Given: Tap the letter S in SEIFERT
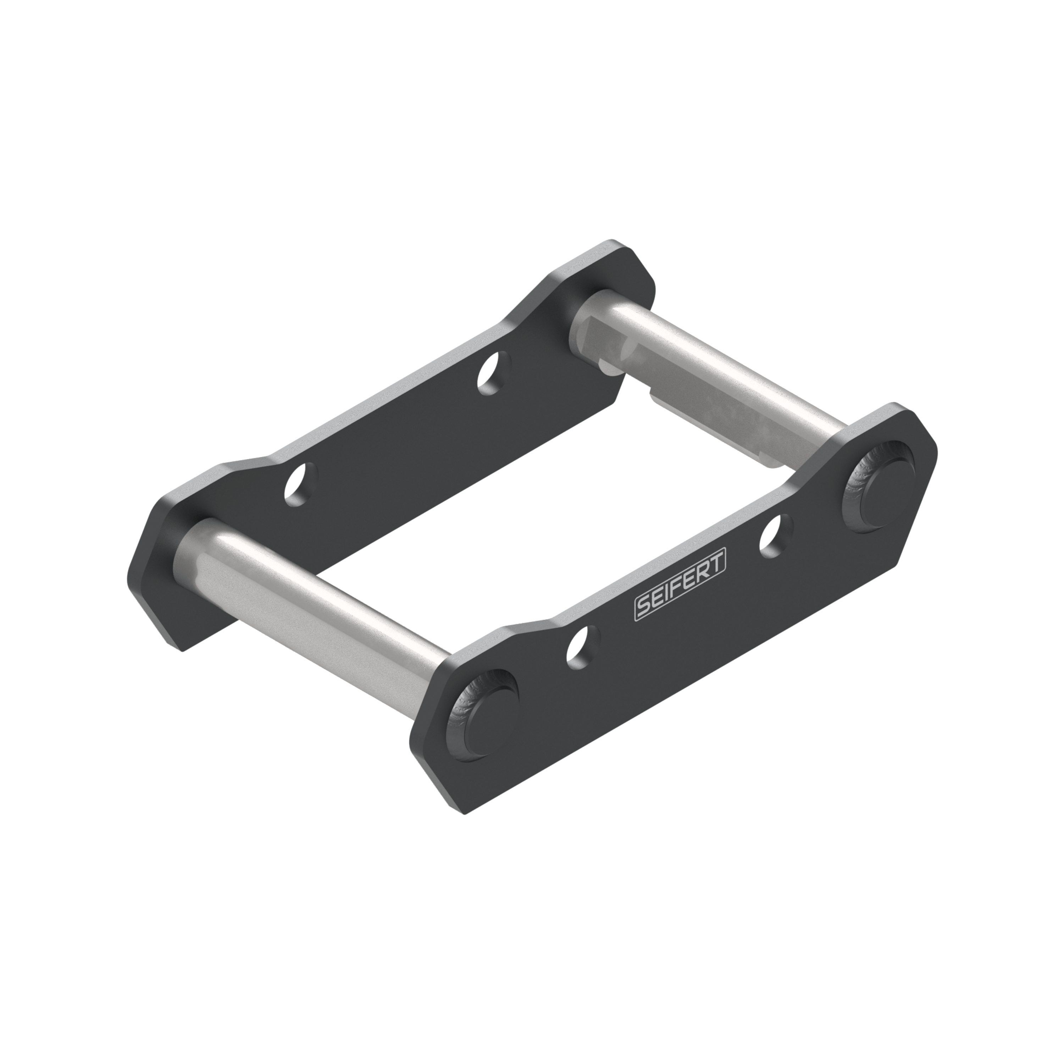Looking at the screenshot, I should (x=643, y=606).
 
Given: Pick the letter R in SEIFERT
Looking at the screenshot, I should (x=704, y=571).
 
